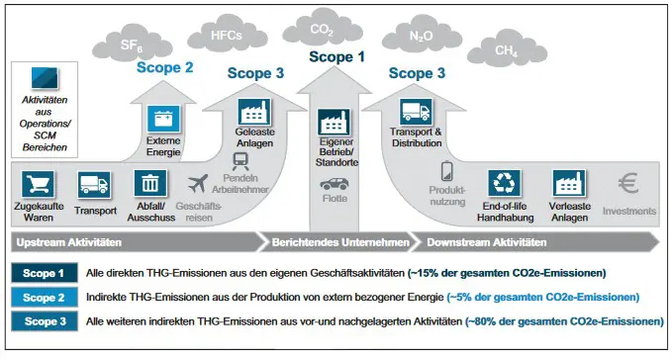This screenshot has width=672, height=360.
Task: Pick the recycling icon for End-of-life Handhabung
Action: click(506, 184)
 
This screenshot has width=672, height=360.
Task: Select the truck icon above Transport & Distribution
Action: click(416, 112)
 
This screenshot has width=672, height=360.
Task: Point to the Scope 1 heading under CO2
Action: click(337, 56)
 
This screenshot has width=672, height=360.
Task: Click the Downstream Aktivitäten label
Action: click(485, 241)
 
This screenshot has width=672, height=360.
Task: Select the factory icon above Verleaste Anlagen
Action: click(569, 184)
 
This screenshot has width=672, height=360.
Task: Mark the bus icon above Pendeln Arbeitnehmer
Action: click(240, 161)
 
